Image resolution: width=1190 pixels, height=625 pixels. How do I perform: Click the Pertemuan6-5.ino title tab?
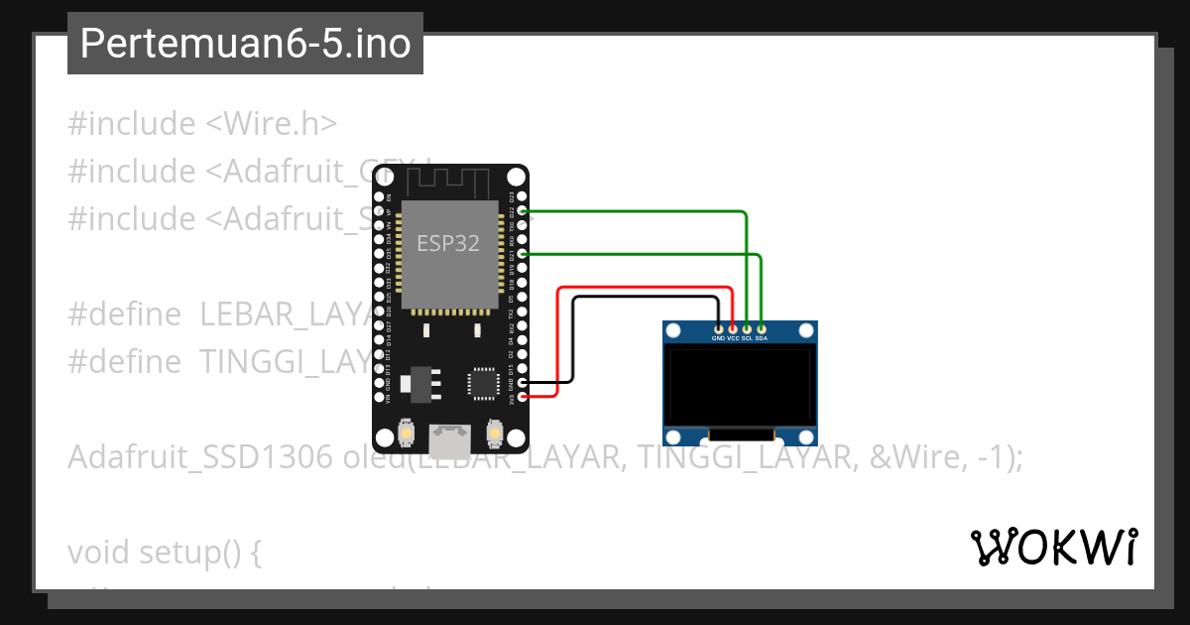coord(245,44)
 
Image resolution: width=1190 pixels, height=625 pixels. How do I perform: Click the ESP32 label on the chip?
coord(448,244)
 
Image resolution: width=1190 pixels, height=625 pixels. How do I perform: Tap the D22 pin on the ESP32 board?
coord(523,211)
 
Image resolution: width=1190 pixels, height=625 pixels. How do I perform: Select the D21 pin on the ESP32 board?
coord(523,255)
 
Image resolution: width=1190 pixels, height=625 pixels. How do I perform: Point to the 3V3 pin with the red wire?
coord(523,397)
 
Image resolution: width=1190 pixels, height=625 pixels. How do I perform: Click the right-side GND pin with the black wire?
coord(523,382)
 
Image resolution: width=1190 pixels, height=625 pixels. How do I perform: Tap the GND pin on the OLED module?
coord(718,328)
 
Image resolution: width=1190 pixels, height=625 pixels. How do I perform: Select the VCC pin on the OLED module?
coord(733,328)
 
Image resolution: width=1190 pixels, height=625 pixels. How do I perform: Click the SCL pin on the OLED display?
coord(747,328)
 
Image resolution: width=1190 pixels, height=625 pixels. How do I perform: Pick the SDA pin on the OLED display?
coord(762,328)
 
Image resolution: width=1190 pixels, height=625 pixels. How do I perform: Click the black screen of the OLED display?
coord(740,386)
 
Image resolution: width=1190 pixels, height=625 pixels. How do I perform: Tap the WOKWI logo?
coord(1053,547)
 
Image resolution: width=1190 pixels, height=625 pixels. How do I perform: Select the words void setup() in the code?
coord(164,552)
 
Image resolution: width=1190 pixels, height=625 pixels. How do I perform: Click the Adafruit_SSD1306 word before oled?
coord(200,457)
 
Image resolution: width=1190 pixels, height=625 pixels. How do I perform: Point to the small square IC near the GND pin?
coord(483,382)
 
